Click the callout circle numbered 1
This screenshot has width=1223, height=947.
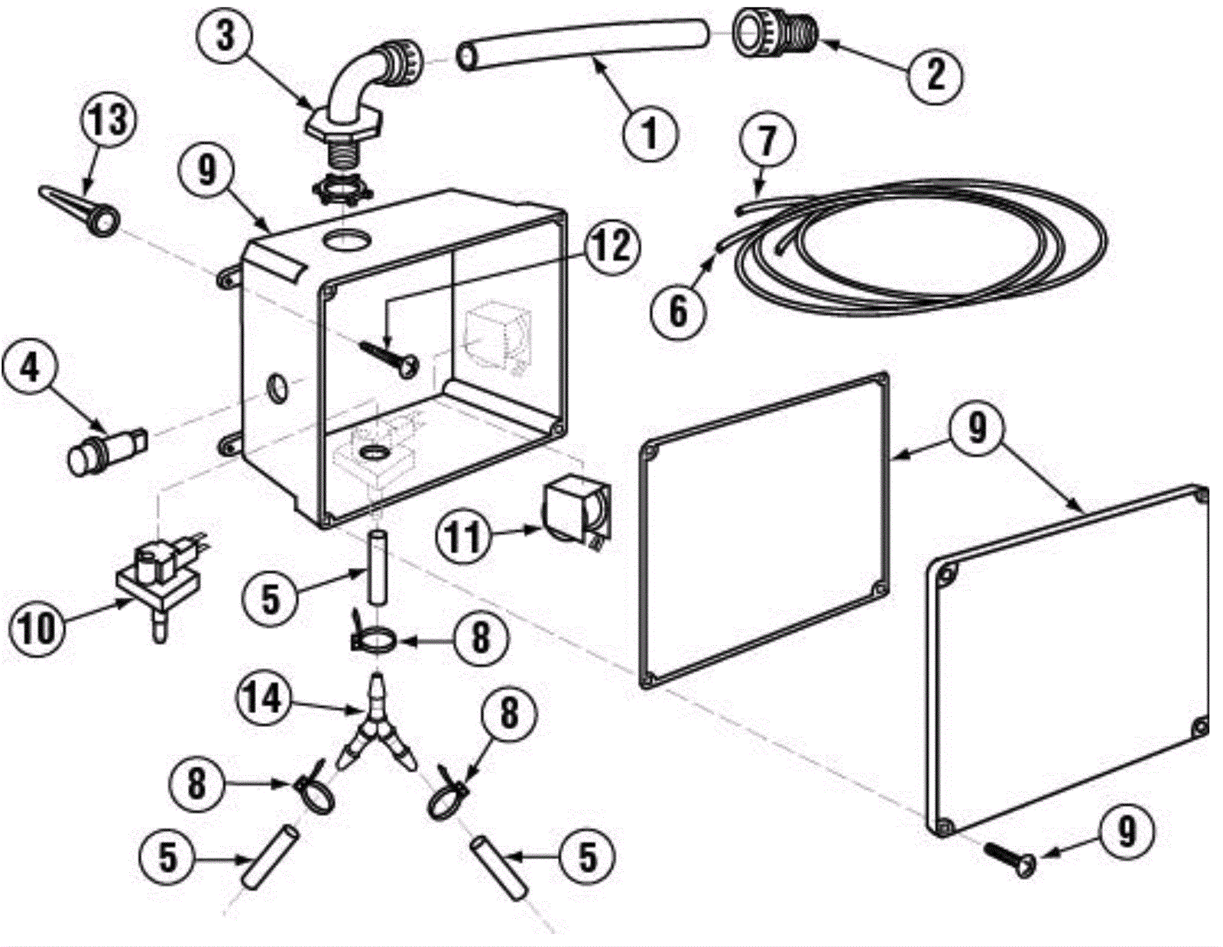tap(650, 132)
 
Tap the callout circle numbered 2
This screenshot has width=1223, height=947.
tap(936, 74)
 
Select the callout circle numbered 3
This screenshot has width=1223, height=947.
tap(225, 36)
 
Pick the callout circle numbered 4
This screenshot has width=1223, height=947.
tap(30, 370)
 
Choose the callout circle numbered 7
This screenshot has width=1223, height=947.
tap(767, 142)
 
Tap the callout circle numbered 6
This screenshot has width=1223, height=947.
tap(678, 311)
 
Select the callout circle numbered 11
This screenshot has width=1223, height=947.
tap(465, 537)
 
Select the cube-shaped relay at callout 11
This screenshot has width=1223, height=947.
tap(577, 512)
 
